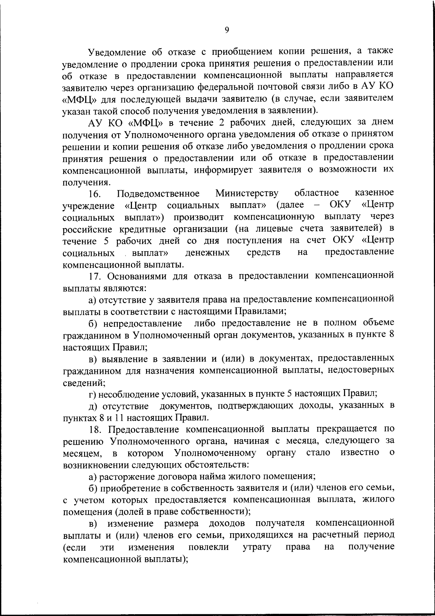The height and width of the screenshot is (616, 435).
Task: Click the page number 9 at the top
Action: (x=227, y=30)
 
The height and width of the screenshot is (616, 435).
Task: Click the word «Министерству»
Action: (x=247, y=193)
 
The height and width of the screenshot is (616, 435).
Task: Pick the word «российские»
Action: (x=87, y=230)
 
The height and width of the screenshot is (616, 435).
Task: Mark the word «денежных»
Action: (x=207, y=253)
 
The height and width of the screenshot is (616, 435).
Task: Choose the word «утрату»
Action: (x=257, y=547)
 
